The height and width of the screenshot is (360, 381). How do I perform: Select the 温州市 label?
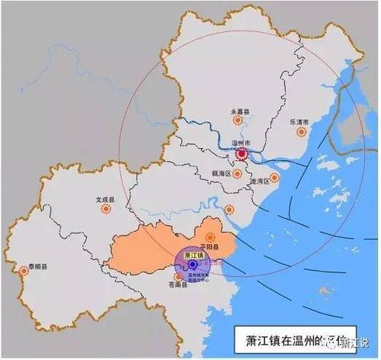[242, 143]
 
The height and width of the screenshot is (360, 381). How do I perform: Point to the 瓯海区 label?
[221, 173]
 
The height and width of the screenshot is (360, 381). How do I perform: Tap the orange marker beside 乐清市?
[300, 133]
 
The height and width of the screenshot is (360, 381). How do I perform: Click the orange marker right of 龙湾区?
[274, 179]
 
